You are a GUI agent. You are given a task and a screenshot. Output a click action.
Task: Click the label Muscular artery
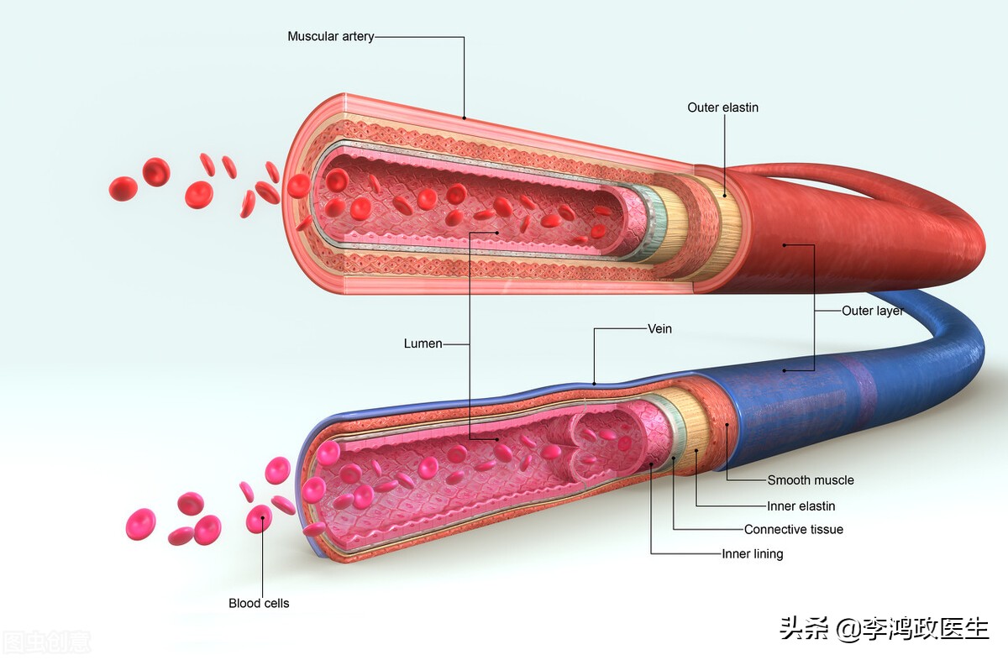[330, 37]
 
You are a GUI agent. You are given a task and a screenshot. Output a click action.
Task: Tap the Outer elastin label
[722, 107]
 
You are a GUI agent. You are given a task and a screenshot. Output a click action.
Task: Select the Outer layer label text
[873, 311]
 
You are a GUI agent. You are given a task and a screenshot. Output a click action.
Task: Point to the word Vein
[659, 329]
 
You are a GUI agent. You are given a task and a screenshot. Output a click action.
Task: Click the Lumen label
[423, 343]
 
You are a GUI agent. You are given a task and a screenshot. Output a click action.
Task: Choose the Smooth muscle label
[810, 480]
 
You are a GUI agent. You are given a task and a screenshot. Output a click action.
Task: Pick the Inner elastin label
[801, 506]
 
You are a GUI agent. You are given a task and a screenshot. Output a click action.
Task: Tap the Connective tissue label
[793, 530]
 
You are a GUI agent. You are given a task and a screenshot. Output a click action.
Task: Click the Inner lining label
[752, 554]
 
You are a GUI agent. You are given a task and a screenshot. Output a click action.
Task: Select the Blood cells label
[259, 603]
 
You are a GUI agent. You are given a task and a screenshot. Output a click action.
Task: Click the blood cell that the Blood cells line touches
[260, 518]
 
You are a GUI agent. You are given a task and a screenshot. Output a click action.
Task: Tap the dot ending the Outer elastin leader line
[726, 196]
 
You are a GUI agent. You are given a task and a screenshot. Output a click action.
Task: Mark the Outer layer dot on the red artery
[785, 245]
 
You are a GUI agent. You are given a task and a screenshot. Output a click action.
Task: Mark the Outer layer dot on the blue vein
[785, 369]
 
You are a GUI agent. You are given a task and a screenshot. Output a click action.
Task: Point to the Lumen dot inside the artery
[497, 233]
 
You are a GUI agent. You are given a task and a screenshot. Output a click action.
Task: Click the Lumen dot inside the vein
[497, 438]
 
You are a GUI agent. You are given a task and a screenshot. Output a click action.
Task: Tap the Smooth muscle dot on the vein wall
[727, 426]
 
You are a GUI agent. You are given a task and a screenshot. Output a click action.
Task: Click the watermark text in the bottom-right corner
[884, 628]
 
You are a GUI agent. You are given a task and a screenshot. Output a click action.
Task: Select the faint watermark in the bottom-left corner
[46, 643]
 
